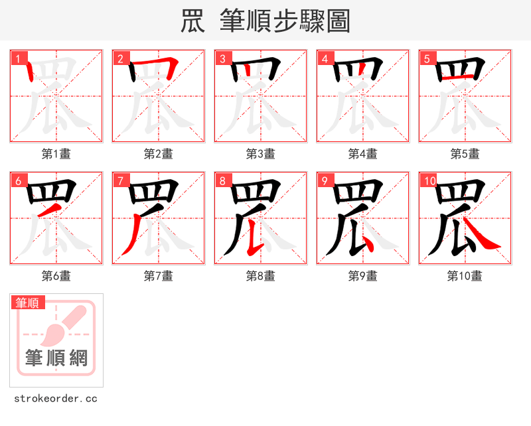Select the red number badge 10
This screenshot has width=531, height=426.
pos(429,180)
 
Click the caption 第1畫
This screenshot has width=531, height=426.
pos(56,154)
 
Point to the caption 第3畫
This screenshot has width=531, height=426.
pos(261,154)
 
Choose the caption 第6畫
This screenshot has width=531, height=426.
pos(56,275)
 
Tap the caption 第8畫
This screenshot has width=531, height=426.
pos(261,275)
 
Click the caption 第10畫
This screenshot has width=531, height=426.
pos(465,275)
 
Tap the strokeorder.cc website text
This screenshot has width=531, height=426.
pos(56,399)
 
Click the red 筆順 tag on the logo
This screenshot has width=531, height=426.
pos(28,303)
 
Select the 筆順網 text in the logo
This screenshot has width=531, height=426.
pos(56,358)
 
